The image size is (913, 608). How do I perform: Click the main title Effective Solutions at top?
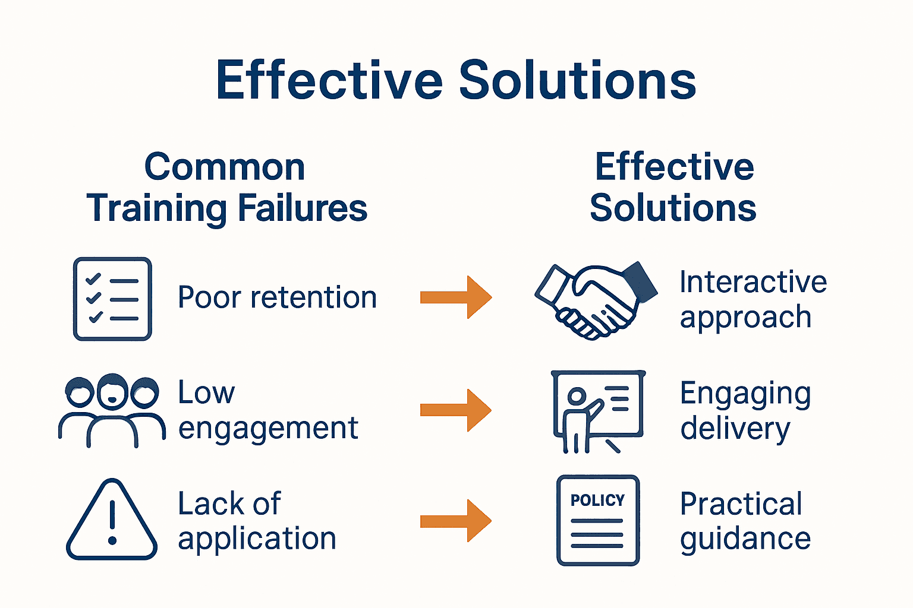pos(456,80)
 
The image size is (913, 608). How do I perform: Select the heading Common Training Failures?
pos(226,188)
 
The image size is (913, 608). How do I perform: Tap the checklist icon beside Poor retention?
pos(112,299)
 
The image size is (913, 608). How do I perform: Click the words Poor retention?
pos(277,297)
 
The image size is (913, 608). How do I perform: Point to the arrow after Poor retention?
pos(456,297)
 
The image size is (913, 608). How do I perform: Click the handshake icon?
pos(594,300)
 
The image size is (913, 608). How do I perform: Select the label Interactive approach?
pos(753,299)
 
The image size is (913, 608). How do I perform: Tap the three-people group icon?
pos(112,410)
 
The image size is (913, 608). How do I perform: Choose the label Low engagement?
pos(267,410)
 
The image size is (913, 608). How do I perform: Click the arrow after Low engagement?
pos(456,410)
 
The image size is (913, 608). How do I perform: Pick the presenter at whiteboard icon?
pos(597,411)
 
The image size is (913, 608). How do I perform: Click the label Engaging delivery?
pos(745,411)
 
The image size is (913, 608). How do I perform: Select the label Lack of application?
pos(257,521)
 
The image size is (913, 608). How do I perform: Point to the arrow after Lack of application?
pos(456,521)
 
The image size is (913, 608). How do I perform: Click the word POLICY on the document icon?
pos(597,500)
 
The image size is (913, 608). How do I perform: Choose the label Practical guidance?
pos(745,521)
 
